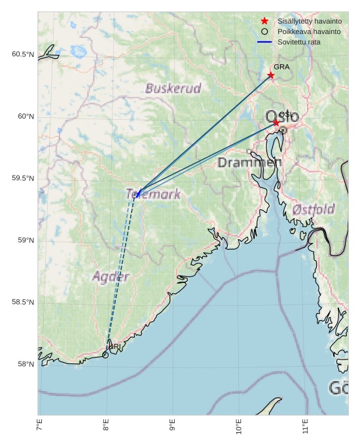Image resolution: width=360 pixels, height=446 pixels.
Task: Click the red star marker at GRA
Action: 271,75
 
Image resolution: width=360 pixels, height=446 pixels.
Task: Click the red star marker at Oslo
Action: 276,122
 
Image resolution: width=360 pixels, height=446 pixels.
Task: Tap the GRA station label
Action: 281,67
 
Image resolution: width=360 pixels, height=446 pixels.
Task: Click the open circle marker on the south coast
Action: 105,355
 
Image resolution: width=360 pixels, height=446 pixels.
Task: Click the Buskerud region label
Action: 173,88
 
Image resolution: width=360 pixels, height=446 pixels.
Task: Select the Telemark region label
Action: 153,194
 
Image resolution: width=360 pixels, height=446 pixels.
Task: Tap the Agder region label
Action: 111,276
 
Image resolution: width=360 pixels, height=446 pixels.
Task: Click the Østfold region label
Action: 314,210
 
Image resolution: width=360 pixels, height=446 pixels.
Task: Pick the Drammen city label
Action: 249,162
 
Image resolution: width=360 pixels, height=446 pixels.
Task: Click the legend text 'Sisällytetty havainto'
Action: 309,22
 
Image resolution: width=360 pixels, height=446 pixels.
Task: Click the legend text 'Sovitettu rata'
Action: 298,42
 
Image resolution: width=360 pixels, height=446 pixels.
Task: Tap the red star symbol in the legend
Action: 264,22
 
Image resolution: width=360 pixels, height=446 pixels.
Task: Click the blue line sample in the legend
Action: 264,42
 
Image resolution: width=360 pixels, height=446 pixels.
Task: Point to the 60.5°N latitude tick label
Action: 22,54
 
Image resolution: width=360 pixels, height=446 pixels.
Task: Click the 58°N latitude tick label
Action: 25,364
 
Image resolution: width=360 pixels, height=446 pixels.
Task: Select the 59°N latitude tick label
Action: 25,240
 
